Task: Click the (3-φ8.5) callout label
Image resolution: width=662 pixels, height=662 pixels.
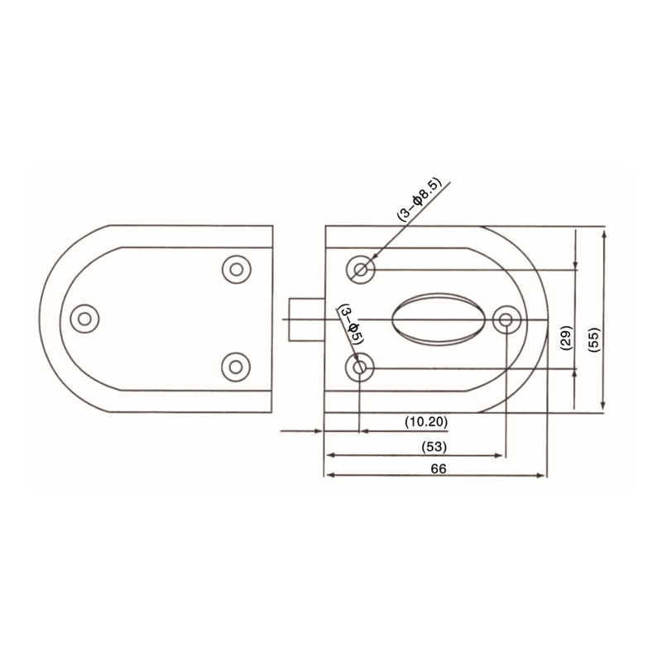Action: pos(419,198)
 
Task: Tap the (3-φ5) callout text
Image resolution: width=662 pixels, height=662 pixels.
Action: pos(351,324)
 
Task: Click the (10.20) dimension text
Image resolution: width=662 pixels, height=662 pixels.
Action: pos(426,422)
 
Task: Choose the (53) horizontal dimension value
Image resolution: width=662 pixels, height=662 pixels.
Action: pos(434,447)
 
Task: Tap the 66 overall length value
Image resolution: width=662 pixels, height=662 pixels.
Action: pos(439,468)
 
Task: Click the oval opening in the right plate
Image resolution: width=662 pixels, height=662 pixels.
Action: pos(439,319)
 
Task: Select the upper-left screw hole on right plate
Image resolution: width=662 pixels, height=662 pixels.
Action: pos(361,270)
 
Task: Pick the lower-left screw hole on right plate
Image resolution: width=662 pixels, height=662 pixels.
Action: pos(359,367)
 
